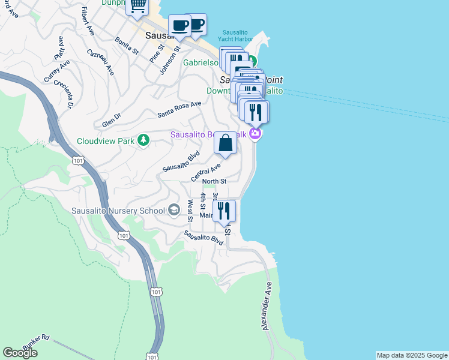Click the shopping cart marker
click(x=137, y=6)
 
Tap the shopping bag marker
click(x=225, y=144)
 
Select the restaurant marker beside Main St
click(x=224, y=211)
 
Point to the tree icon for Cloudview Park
click(x=143, y=140)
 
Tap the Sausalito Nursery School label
click(x=118, y=211)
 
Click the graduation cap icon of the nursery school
click(x=173, y=209)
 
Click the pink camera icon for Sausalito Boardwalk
click(x=256, y=133)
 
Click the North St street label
click(x=214, y=181)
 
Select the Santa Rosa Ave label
click(x=179, y=109)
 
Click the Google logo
click(x=20, y=353)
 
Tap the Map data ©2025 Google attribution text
click(x=412, y=355)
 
